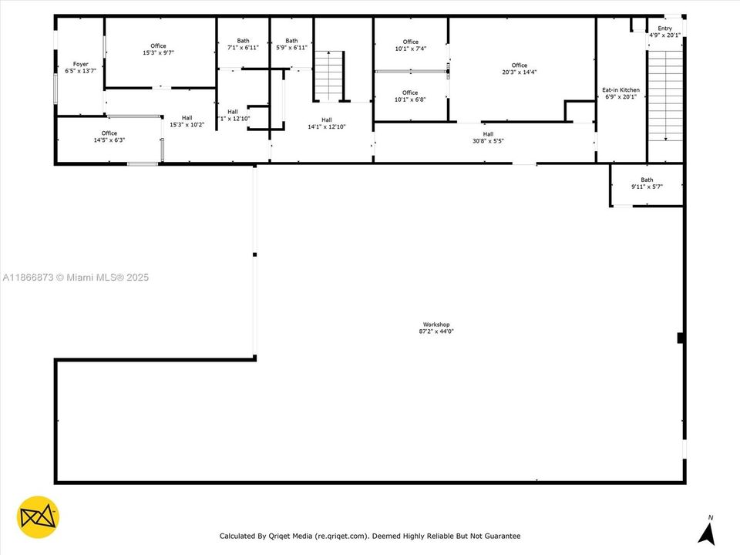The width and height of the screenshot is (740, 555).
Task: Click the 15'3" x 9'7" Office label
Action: (159, 49)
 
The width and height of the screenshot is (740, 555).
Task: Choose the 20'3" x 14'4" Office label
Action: (519, 69)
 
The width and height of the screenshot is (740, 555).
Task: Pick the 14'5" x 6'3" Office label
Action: (109, 136)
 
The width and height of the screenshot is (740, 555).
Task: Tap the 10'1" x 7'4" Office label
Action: (411, 45)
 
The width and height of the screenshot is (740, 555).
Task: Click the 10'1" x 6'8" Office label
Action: (410, 96)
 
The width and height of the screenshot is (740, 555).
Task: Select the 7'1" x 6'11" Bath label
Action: (243, 44)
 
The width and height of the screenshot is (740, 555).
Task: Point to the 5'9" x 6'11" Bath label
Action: (291, 44)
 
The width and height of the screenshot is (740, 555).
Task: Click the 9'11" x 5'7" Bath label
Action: (647, 183)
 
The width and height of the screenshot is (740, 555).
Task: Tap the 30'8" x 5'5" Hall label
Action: (488, 137)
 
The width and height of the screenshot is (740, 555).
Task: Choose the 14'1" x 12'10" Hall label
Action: (327, 123)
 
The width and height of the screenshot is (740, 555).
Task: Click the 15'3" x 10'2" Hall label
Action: (187, 121)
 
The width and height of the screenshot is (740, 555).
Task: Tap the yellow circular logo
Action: (38, 517)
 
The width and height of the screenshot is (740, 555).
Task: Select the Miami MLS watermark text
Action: (76, 277)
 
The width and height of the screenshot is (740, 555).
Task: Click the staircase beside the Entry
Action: (665, 96)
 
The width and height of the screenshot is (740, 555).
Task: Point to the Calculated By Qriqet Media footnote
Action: (370, 536)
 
